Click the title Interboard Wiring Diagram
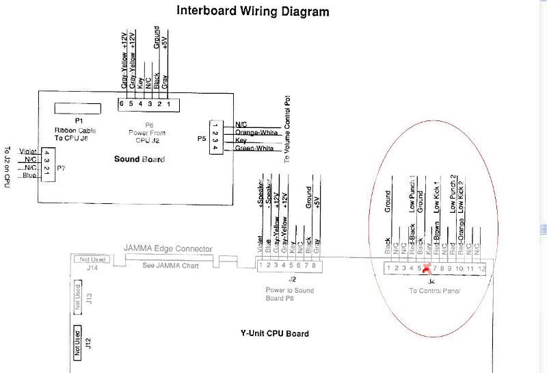pos(253,12)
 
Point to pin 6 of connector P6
pos(121,104)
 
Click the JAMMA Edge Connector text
pos(168,248)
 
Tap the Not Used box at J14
pos(94,259)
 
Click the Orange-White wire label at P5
pos(254,132)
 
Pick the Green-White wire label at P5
pos(254,148)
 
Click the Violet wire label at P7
pos(28,151)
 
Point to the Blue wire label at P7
pos(29,175)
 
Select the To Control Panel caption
pos(435,291)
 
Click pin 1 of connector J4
pos(388,268)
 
